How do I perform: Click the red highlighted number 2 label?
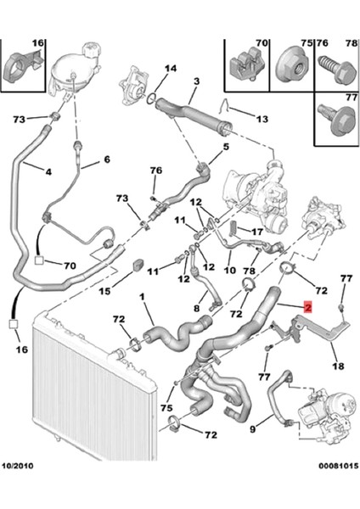[307, 306]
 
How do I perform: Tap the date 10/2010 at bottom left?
[18, 466]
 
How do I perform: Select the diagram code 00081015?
[338, 466]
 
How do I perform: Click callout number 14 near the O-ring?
[171, 68]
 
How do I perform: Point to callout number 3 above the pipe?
[197, 81]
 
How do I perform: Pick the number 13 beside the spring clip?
[262, 119]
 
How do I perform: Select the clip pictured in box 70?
[245, 64]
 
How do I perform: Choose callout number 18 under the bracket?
[338, 366]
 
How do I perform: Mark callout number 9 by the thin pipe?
[253, 428]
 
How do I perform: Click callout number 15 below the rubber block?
[104, 291]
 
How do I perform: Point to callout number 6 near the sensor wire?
[107, 159]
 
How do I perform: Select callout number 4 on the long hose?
[48, 171]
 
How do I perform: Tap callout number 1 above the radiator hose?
[142, 297]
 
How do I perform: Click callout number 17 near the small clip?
[257, 232]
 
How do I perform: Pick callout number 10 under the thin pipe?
[230, 270]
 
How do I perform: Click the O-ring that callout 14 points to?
[152, 99]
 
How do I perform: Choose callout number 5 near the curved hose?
[226, 147]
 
